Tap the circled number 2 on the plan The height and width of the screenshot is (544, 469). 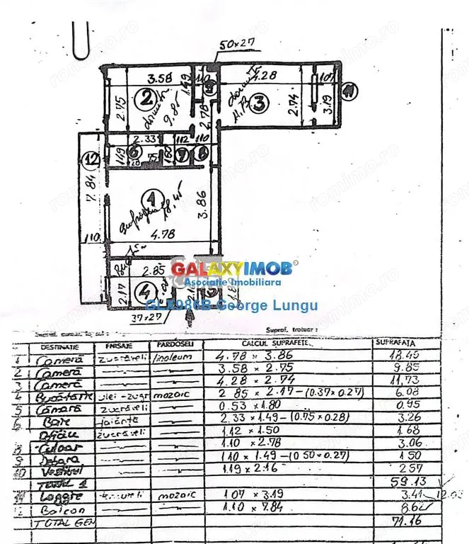[x=146, y=99]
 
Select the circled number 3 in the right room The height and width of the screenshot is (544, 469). [x=260, y=103]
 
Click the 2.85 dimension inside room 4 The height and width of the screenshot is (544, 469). [x=154, y=271]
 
